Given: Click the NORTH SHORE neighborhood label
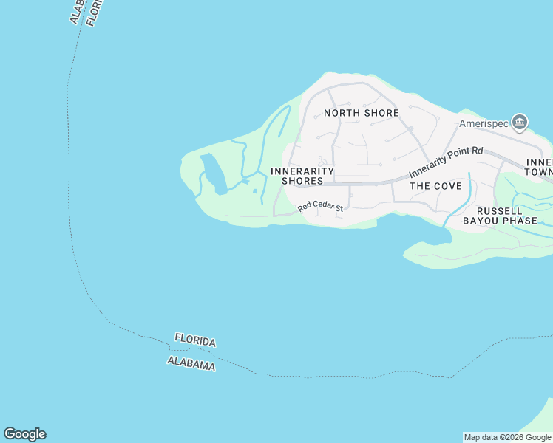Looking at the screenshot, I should click(362, 113).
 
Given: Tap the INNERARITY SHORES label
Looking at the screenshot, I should click(302, 176).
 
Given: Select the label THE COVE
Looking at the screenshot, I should click(435, 186).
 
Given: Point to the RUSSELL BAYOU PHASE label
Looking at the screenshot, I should click(499, 215).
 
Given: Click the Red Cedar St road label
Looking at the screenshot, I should click(321, 207).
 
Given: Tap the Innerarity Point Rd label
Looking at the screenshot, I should click(446, 160).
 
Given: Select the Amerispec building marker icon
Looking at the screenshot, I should click(520, 122).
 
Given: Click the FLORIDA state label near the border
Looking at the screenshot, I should click(195, 341).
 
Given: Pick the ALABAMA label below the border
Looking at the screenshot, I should click(191, 363).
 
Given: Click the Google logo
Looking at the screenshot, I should click(24, 434).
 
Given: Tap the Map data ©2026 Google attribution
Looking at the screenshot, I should click(507, 437).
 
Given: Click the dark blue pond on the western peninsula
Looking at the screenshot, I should click(212, 173).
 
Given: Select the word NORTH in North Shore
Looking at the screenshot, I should click(342, 113).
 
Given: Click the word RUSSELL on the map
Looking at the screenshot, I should click(499, 210).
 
